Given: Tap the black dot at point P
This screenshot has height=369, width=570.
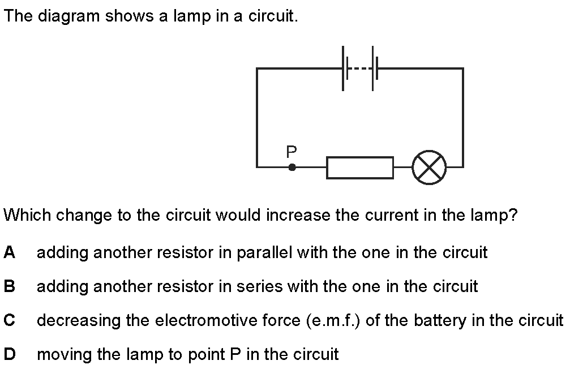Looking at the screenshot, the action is click(x=292, y=167).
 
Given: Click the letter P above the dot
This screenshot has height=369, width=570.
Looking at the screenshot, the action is click(x=292, y=152).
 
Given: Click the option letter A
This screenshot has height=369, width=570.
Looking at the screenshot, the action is click(x=10, y=252).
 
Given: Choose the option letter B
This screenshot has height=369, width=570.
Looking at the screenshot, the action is click(x=10, y=286).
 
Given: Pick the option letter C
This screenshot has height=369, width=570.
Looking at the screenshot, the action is click(x=10, y=320).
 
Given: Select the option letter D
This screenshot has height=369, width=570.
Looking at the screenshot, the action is click(x=10, y=354).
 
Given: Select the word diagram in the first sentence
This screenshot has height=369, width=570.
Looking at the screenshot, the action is click(x=68, y=17).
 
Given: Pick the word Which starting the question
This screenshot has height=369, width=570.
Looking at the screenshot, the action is click(x=28, y=215).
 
